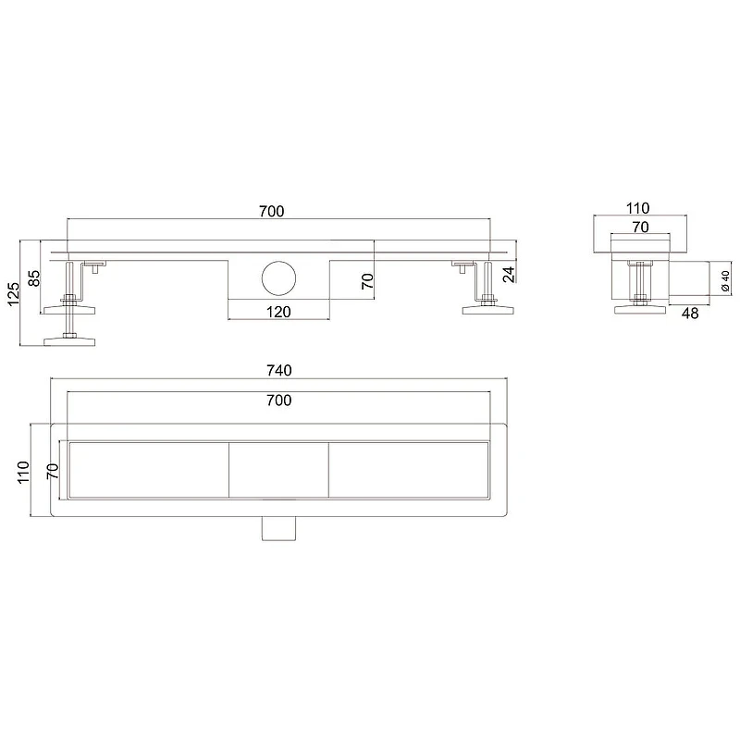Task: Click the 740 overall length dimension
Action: coord(279,371)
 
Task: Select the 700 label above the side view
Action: coord(271,212)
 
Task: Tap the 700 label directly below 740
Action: coord(279,401)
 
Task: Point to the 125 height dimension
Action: coord(13,294)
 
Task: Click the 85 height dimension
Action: coord(34,278)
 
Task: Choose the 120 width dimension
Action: coord(278,312)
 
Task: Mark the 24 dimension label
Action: coord(508,274)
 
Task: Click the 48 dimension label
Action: coord(690,314)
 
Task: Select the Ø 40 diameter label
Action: coord(725,281)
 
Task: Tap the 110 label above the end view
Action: coord(637,208)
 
